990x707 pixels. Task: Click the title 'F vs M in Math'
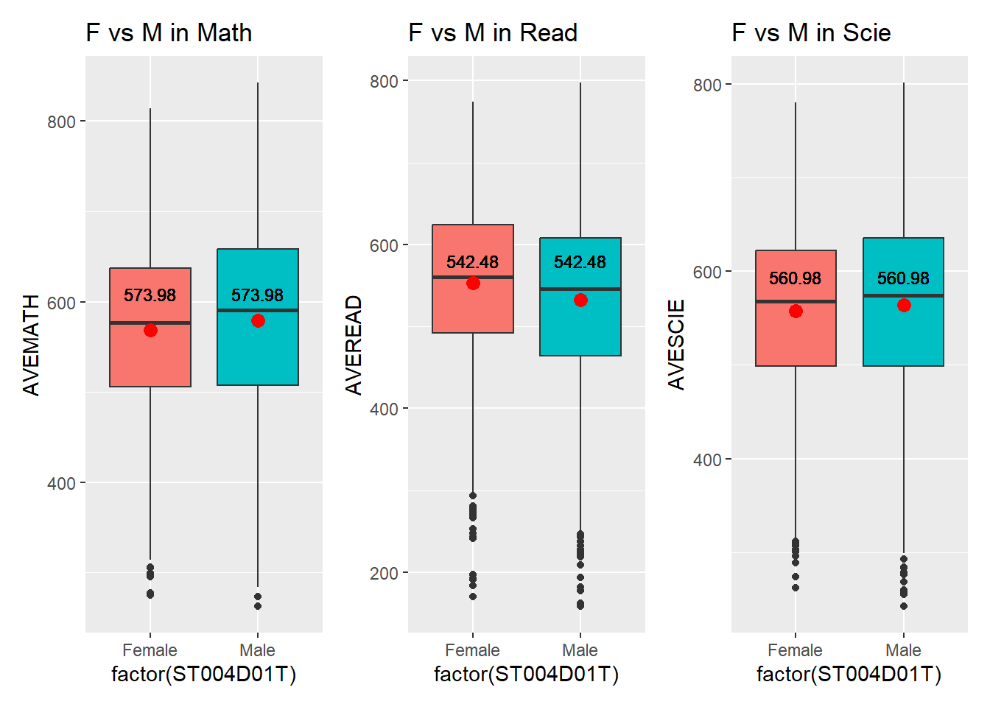click(x=169, y=33)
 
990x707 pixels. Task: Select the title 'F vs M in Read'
click(x=492, y=33)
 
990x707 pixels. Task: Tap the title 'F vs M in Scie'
click(x=811, y=33)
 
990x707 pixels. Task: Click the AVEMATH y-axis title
click(x=31, y=345)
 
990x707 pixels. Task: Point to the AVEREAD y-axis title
click(x=354, y=345)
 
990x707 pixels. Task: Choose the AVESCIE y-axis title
click(x=676, y=345)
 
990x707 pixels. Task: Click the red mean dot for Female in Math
click(x=150, y=331)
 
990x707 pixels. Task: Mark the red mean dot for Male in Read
click(x=580, y=300)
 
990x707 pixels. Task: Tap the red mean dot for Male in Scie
click(x=904, y=306)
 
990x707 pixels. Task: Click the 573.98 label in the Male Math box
click(x=257, y=295)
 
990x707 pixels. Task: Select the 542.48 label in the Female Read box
click(x=472, y=262)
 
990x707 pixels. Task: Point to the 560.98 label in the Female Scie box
click(x=795, y=278)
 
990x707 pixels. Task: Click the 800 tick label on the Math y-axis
click(x=61, y=122)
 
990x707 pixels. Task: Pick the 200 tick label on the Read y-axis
click(x=384, y=573)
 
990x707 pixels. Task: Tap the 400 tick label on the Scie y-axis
click(x=707, y=460)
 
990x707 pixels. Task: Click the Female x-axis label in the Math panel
click(x=150, y=650)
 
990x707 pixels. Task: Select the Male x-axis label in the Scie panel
click(x=903, y=650)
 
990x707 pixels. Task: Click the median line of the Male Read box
click(x=580, y=289)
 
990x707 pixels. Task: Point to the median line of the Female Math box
click(x=150, y=323)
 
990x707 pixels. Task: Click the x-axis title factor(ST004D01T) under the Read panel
click(x=526, y=674)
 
